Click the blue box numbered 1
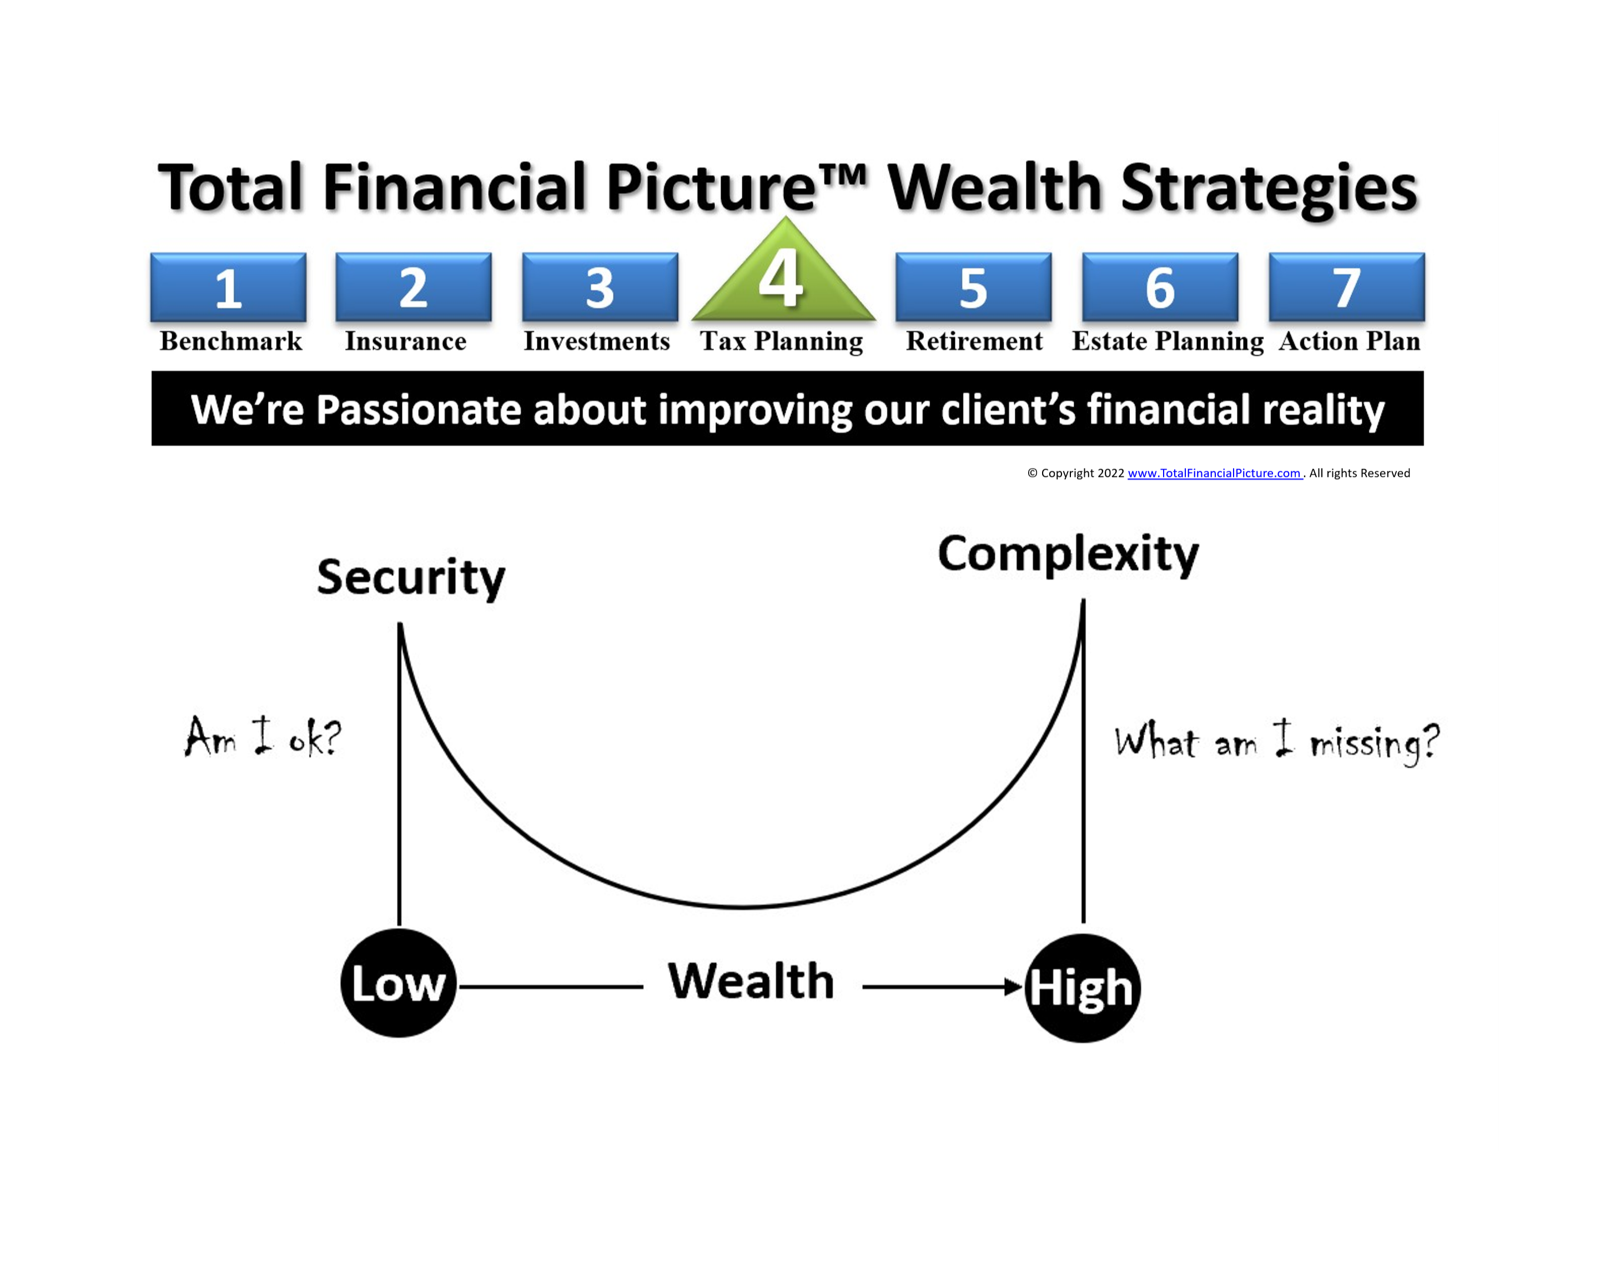click(229, 287)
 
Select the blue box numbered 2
click(414, 287)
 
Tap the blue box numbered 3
click(600, 287)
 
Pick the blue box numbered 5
click(973, 287)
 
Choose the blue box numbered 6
click(1160, 287)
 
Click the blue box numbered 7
click(1347, 287)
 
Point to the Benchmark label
click(231, 341)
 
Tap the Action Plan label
click(1350, 341)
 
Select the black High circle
click(1083, 988)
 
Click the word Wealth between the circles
click(751, 982)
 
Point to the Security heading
click(411, 578)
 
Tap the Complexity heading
click(1068, 555)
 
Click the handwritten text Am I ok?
click(263, 737)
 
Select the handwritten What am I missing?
click(1277, 742)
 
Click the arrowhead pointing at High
click(1014, 987)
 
